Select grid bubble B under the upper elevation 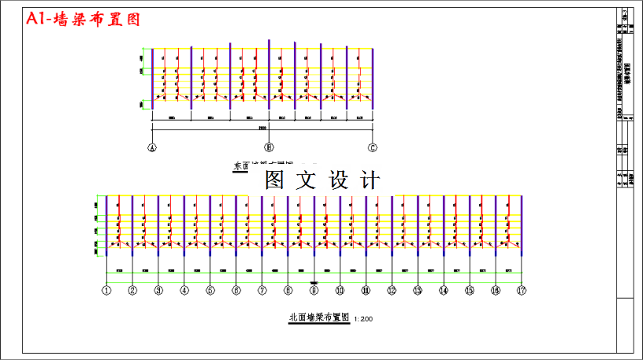pyautogui.click(x=269, y=147)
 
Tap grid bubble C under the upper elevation pyautogui.click(x=373, y=147)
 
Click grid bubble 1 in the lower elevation pyautogui.click(x=107, y=290)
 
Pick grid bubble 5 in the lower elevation pyautogui.click(x=210, y=290)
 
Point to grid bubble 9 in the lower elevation pyautogui.click(x=314, y=290)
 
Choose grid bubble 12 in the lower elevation pyautogui.click(x=391, y=290)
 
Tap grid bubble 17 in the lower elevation pyautogui.click(x=521, y=290)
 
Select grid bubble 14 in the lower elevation pyautogui.click(x=443, y=290)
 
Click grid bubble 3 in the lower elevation pyautogui.click(x=158, y=290)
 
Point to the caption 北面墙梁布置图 pyautogui.click(x=318, y=318)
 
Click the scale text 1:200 pyautogui.click(x=364, y=319)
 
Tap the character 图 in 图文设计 pyautogui.click(x=274, y=181)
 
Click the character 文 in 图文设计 pyautogui.click(x=306, y=181)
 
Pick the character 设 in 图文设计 pyautogui.click(x=337, y=181)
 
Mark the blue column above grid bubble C pyautogui.click(x=373, y=78)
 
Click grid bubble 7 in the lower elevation pyautogui.click(x=262, y=290)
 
